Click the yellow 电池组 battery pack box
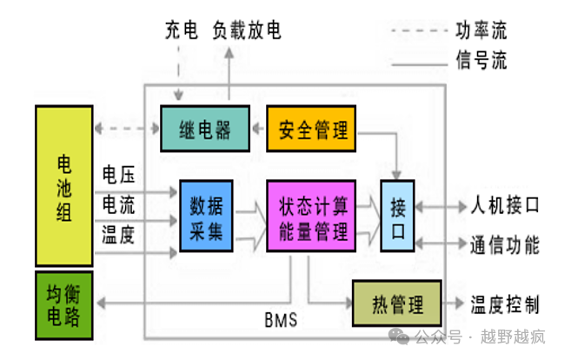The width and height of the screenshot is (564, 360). point(63,185)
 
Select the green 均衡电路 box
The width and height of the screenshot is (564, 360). point(63,303)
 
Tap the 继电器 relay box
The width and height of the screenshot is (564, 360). point(205,130)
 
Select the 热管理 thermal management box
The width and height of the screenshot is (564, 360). point(396,304)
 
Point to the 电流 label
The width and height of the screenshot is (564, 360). point(119,204)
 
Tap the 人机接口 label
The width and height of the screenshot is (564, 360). point(505,206)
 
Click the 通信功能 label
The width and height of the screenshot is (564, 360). point(505,244)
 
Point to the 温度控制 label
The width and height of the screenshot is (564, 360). point(505,304)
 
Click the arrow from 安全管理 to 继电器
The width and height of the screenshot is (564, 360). point(258,130)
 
